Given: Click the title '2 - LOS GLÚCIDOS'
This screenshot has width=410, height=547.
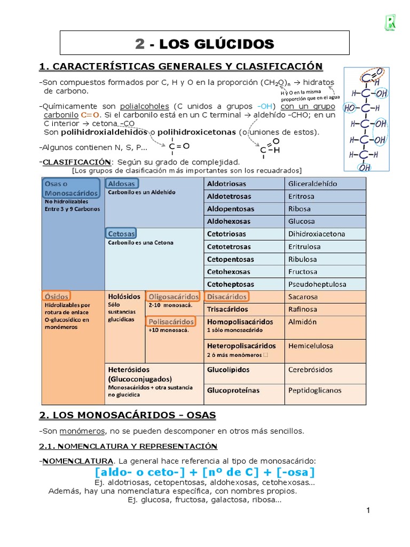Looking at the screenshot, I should coord(204,44).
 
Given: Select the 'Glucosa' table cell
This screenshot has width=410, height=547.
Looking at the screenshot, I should coord(302,221).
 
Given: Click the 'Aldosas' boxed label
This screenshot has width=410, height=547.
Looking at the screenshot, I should coord(122,184).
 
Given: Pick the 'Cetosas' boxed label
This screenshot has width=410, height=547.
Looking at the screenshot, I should coord(121,233).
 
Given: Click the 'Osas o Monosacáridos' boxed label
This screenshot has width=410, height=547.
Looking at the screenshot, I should coord(71,187).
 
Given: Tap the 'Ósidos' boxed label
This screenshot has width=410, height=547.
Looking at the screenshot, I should coord(57,296).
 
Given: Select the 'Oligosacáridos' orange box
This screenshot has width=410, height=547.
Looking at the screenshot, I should coord(173,296).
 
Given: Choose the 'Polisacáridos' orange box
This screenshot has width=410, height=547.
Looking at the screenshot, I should coord(171,322).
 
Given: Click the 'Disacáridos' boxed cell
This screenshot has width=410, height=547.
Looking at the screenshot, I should coord(227,296).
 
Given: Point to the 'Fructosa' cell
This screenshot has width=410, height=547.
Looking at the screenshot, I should coord(303,271).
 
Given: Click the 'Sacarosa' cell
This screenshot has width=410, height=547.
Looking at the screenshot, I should coord(303,296).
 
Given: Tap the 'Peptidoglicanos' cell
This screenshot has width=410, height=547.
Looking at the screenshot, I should coord(314,390).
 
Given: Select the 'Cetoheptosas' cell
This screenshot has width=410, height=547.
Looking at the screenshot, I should coord(230,284).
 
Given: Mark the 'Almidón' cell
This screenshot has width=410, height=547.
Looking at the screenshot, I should coord(302,322).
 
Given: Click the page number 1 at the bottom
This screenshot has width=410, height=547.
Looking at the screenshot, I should coord(368,511).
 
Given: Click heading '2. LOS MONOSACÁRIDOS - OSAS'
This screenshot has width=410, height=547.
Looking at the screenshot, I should coord(128,415).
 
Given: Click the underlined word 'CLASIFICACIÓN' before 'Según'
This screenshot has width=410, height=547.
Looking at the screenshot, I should coord(77,162).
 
